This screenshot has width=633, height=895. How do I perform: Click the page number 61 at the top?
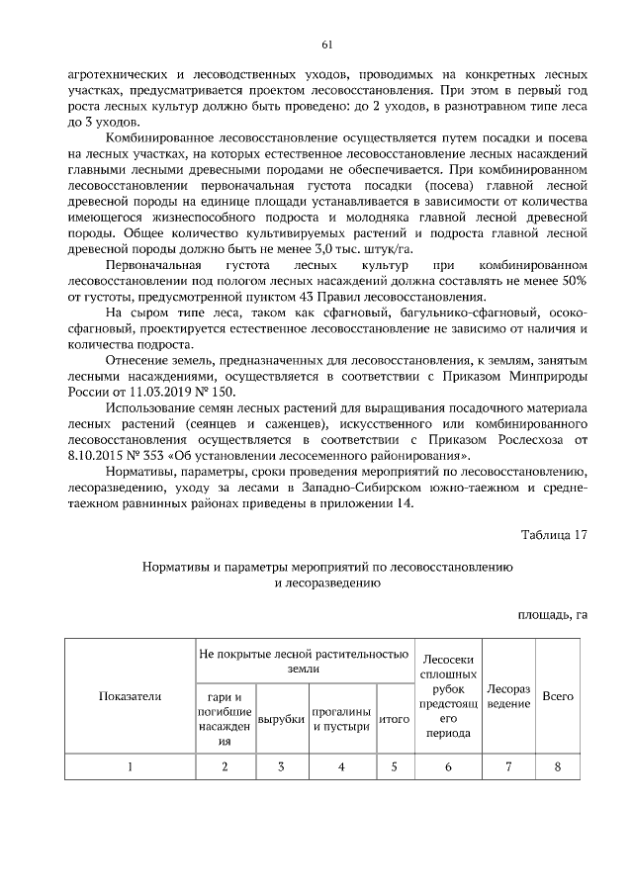tap(326, 45)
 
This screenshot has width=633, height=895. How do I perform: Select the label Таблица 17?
tap(555, 535)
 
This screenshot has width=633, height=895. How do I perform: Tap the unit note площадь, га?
tap(554, 613)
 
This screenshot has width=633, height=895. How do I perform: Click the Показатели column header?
tap(130, 696)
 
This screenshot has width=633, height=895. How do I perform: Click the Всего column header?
tap(559, 696)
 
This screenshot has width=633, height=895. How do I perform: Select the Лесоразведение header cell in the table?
tap(508, 696)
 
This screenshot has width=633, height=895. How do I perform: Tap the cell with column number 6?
tap(448, 766)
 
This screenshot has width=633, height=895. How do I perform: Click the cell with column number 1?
tap(130, 766)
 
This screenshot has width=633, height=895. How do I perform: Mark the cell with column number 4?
tap(341, 766)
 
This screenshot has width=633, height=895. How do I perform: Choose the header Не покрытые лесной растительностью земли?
tap(304, 661)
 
